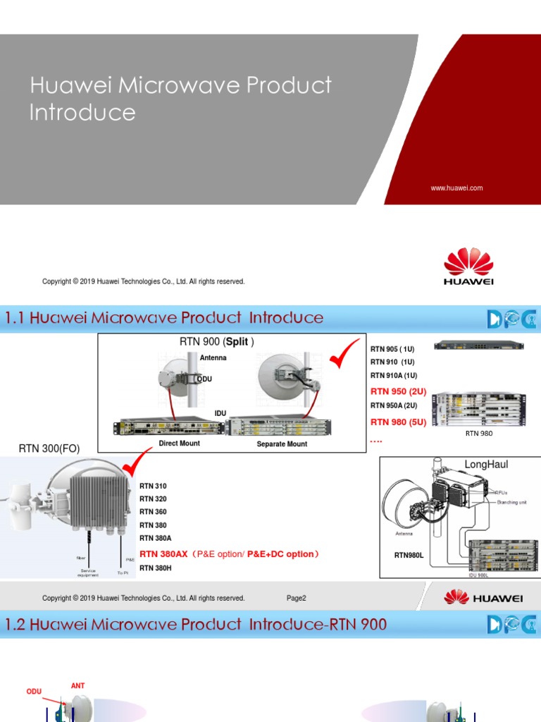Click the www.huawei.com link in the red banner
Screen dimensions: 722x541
click(x=456, y=188)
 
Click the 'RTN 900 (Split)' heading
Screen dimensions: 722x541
click(x=217, y=342)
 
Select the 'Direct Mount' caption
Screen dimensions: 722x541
click(x=179, y=443)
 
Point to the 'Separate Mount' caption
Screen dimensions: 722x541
click(x=282, y=444)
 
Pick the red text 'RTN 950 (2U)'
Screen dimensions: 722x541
click(x=398, y=391)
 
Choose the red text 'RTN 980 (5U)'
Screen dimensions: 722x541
click(x=398, y=422)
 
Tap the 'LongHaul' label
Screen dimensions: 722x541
click(x=486, y=465)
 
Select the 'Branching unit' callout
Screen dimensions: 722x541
click(x=513, y=501)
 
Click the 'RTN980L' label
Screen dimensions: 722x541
click(x=409, y=556)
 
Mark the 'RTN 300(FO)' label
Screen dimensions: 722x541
click(x=45, y=448)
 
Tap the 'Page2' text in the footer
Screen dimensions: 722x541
click(x=296, y=598)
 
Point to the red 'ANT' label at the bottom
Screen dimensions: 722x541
click(x=77, y=685)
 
